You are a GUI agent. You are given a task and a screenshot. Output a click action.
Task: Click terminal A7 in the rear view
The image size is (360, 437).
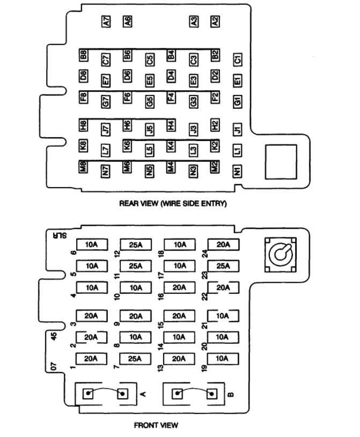pos(106,22)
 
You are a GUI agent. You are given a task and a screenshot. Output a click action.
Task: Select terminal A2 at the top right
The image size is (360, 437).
pos(215,22)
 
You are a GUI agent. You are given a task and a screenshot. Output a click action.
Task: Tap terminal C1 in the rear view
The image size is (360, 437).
pos(238,59)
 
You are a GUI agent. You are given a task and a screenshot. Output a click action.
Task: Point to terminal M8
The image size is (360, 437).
pos(84,166)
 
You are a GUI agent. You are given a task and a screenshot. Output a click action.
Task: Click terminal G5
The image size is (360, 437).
pos(150,100)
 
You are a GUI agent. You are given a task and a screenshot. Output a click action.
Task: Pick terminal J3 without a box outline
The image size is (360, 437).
pos(193,129)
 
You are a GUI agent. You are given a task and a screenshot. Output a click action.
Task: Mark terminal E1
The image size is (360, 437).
pos(238,80)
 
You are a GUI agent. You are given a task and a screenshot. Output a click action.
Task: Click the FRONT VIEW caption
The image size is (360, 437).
pos(157,426)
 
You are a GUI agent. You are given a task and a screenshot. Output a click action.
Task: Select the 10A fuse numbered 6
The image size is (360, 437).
pos(92,245)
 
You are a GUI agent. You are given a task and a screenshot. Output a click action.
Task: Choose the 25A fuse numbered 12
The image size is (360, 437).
pos(136,245)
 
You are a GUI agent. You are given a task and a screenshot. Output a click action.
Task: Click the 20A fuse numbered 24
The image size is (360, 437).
pos(223,245)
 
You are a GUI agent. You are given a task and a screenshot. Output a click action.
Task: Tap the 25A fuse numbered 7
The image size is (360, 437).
pos(136,358)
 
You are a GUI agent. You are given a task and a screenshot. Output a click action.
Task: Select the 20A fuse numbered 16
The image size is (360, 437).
pos(179,287)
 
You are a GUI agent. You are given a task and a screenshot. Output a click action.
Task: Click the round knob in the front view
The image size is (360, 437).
pos(281,255)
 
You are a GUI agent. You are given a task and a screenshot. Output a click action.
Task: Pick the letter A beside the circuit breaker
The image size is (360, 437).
pos(143,395)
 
